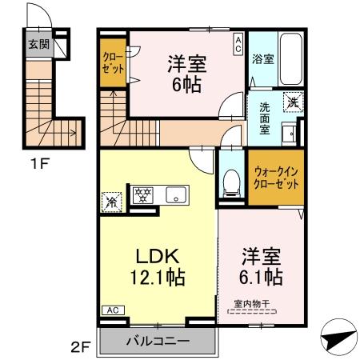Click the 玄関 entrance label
[38, 45]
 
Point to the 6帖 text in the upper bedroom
[183, 83]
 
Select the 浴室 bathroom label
[263, 59]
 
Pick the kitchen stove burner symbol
[142, 194]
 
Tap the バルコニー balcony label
[158, 341]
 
